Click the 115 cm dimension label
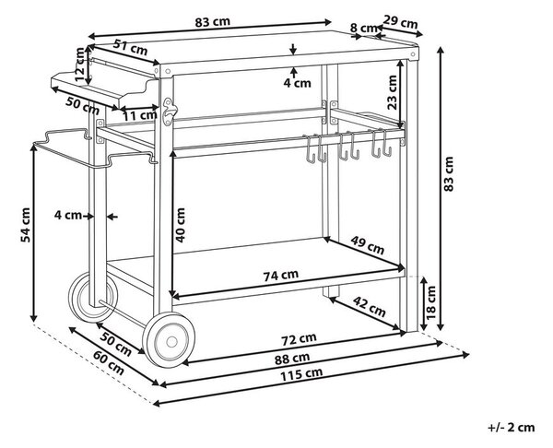[301, 374]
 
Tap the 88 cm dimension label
[292, 359]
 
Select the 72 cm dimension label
[299, 339]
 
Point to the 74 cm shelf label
[281, 275]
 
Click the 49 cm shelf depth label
[367, 245]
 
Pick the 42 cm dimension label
[370, 307]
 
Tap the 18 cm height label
[431, 302]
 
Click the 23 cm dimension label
[392, 92]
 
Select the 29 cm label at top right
[400, 22]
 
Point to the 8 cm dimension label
[364, 27]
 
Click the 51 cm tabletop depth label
[131, 47]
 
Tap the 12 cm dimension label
[81, 65]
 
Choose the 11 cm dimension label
[140, 115]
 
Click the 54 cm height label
[26, 225]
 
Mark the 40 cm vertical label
[181, 225]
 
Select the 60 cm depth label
[108, 363]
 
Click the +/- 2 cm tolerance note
[511, 428]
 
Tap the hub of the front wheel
[171, 341]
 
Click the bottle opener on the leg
[169, 112]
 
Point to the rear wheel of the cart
[93, 297]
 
